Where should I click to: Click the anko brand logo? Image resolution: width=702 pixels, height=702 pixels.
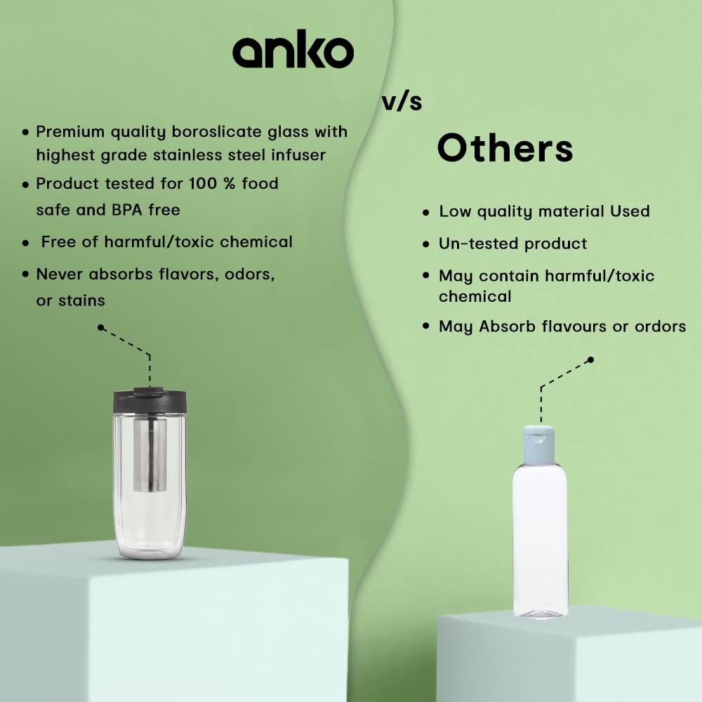(293, 49)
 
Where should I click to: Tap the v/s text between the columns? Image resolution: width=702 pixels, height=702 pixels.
(402, 102)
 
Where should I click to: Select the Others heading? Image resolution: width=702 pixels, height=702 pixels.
(505, 148)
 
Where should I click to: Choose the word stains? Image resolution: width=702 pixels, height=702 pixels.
(81, 300)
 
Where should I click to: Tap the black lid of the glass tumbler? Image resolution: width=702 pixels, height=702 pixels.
(150, 401)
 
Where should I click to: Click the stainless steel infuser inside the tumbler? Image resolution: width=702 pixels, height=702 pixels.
(150, 454)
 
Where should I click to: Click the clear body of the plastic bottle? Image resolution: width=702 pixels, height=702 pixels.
(541, 539)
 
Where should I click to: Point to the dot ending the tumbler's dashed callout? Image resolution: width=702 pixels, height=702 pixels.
(100, 328)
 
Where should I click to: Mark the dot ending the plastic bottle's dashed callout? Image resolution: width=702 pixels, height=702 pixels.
(590, 359)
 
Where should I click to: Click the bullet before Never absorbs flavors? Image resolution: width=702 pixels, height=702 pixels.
(25, 274)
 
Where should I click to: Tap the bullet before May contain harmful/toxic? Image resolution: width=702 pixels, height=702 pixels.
(426, 275)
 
